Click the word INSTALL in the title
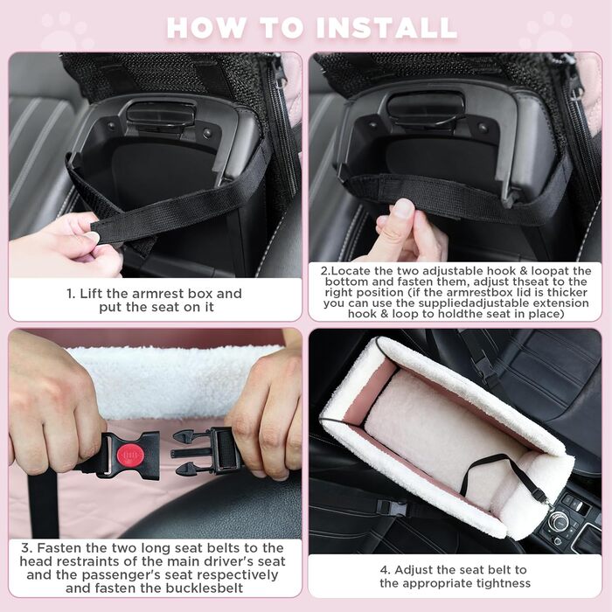[386, 28]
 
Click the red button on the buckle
[130, 456]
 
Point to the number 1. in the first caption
[71, 294]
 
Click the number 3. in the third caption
[26, 547]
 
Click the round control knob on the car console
[558, 520]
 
